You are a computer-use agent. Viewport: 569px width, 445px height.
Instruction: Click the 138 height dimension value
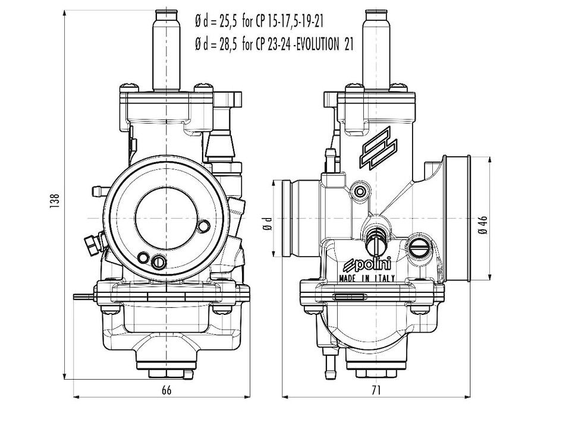coord(55,201)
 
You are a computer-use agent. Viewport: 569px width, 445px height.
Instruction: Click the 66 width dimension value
coord(166,390)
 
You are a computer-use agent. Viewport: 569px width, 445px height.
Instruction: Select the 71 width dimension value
coord(376,390)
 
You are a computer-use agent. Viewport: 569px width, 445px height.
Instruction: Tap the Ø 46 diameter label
coord(483,225)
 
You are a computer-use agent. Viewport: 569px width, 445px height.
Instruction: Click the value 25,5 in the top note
coord(228,22)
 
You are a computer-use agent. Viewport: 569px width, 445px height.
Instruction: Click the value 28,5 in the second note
coord(228,45)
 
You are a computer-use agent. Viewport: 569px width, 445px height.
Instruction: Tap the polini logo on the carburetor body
coord(367,264)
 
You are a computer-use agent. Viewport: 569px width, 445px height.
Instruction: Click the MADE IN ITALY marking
coord(366,279)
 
